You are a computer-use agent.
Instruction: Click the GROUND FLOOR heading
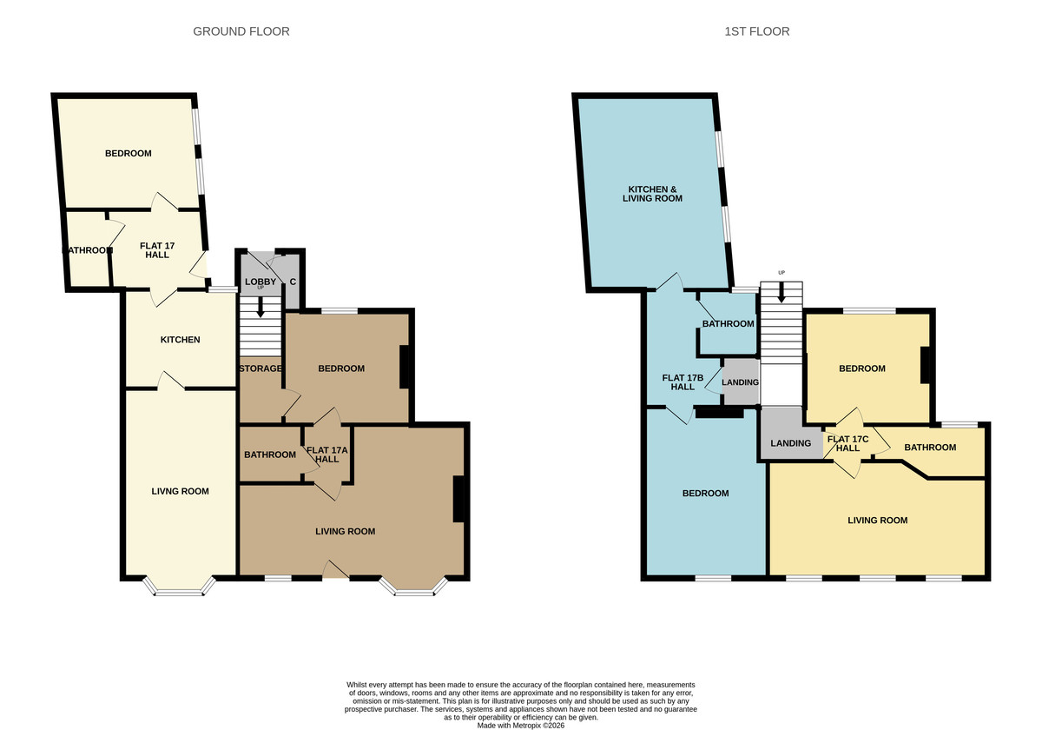(x=241, y=31)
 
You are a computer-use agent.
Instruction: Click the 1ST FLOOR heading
(x=756, y=31)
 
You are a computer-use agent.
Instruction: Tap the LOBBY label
(x=260, y=282)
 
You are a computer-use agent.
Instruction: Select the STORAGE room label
(x=260, y=368)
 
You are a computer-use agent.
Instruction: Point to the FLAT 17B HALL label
(x=683, y=382)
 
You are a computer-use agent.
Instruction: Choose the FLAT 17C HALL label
(x=847, y=443)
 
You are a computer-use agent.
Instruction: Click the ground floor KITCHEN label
(x=180, y=340)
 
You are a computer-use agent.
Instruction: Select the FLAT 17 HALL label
(x=157, y=251)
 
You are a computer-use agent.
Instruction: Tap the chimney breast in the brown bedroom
(x=405, y=367)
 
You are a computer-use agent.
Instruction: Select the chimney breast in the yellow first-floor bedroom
(x=926, y=365)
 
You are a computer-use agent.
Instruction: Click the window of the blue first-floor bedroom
(x=712, y=577)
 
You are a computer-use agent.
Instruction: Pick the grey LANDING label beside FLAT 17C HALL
(x=790, y=443)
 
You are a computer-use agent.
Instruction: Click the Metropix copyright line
(x=520, y=725)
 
